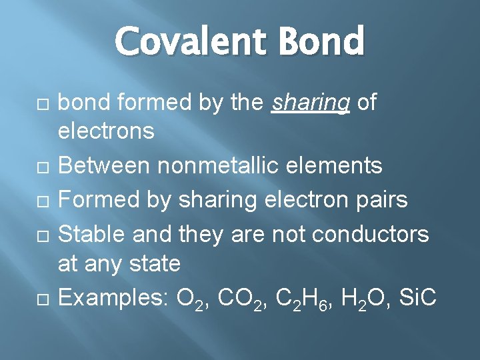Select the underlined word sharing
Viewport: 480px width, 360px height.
[311, 103]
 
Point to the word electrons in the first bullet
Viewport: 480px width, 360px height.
[107, 131]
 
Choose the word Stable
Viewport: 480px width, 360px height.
[93, 232]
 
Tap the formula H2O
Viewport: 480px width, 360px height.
[355, 298]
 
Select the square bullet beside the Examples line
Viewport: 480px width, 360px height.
[42, 298]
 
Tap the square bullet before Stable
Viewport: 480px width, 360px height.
[42, 233]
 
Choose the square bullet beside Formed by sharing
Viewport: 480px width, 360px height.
[42, 199]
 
